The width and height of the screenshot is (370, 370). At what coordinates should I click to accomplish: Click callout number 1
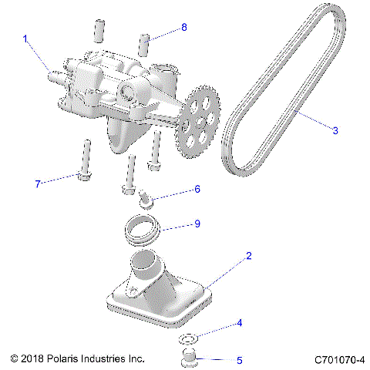[25, 38]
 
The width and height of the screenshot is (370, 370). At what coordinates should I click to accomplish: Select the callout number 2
[247, 255]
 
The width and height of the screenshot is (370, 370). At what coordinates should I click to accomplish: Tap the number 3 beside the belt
[335, 131]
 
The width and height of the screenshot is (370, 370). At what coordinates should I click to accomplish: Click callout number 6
[197, 189]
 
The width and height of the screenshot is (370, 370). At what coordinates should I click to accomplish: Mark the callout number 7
[35, 183]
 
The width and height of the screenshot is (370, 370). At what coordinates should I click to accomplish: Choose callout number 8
[183, 28]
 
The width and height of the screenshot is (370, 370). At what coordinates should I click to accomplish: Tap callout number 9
[197, 224]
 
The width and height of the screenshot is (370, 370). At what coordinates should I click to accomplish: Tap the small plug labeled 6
[147, 200]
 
